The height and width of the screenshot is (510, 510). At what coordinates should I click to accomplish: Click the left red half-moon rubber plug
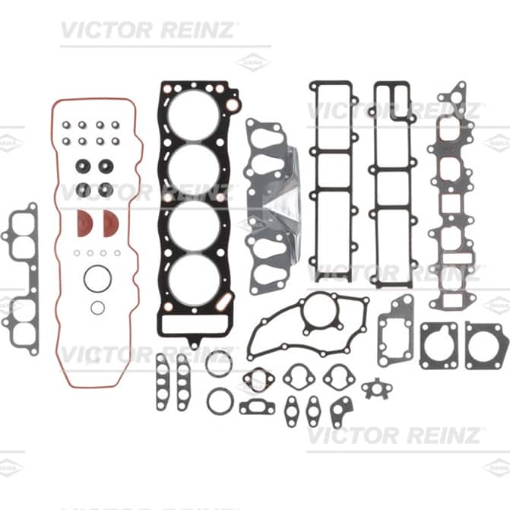click(84, 223)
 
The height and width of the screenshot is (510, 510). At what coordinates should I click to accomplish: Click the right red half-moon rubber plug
click(110, 223)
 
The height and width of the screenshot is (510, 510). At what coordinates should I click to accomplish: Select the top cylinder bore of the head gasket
click(194, 115)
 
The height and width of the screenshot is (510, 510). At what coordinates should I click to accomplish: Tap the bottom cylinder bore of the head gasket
click(194, 280)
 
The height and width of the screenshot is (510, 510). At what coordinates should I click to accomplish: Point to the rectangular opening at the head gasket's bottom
click(194, 325)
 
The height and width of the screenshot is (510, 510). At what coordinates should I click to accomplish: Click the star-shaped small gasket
click(377, 388)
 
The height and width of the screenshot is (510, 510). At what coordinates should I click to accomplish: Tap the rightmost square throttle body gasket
click(486, 345)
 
